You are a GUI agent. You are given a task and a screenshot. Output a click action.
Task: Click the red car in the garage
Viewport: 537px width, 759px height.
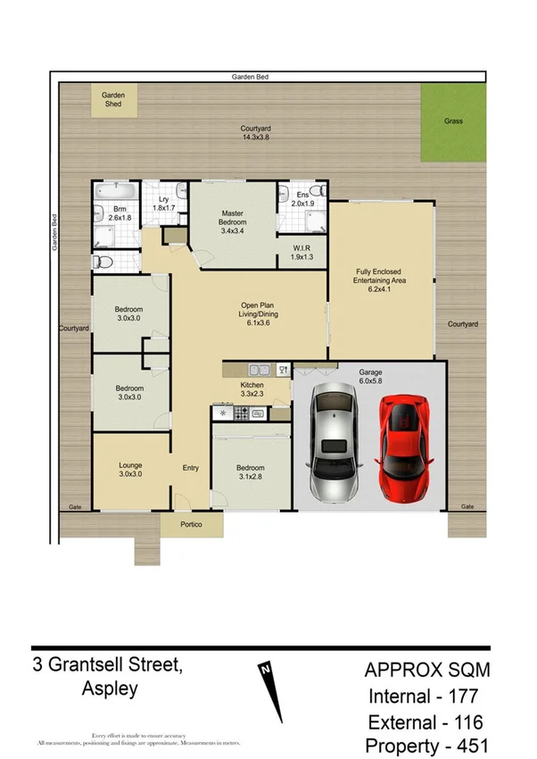coord(406,447)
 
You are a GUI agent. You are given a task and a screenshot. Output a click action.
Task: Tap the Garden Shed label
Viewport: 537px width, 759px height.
coord(112,99)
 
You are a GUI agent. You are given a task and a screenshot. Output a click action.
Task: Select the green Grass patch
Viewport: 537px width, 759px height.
coord(454,123)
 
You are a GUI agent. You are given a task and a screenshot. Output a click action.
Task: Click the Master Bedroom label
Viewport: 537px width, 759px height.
coord(234,221)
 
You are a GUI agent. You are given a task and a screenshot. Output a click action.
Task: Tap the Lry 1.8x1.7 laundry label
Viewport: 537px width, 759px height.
coord(164,204)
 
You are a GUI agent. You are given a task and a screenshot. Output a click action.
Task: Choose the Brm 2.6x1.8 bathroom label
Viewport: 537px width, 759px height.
coord(120,212)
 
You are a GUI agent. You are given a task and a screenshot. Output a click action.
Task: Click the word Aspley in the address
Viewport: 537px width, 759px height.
coord(109,689)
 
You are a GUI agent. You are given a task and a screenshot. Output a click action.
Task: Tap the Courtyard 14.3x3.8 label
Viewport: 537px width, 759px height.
coord(255,133)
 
